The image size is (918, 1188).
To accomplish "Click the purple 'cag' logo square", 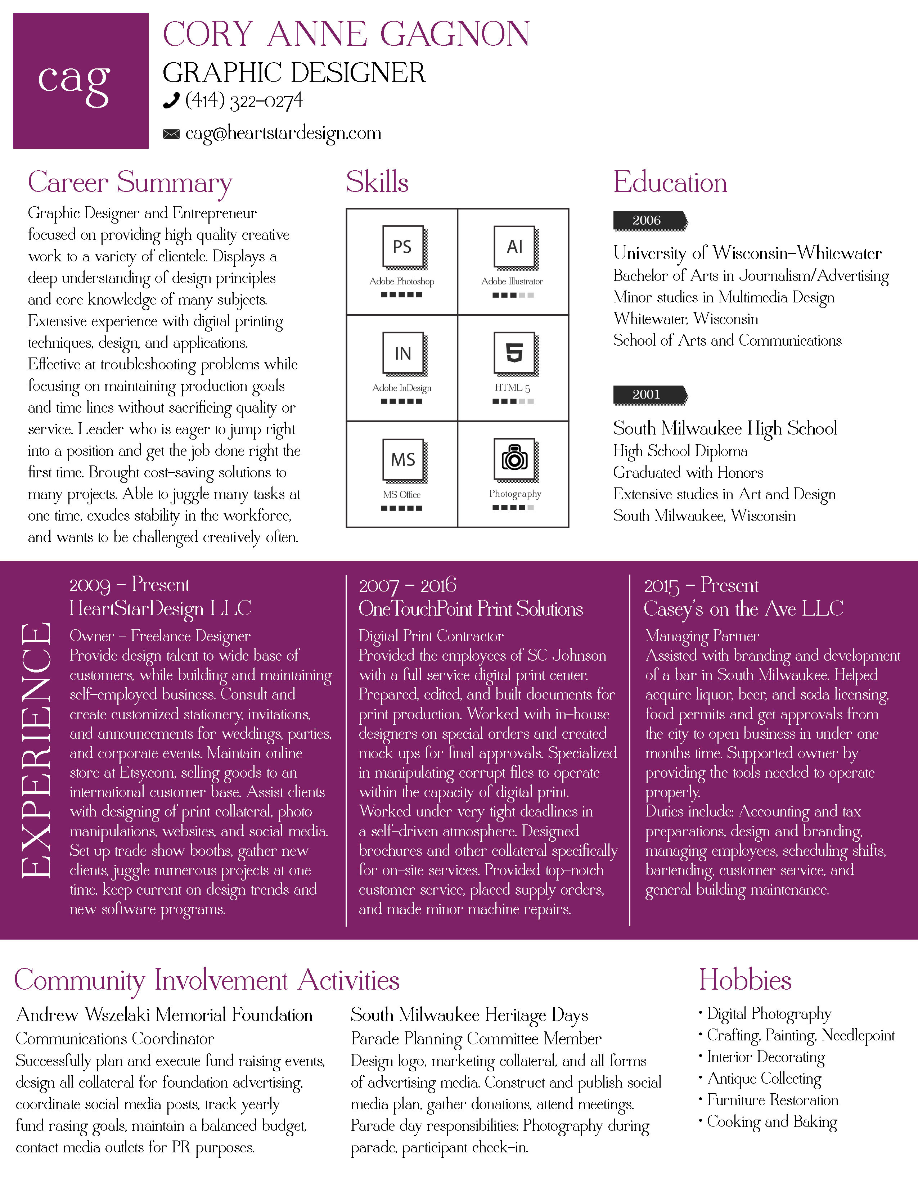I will click(81, 81).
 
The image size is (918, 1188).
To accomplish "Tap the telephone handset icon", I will click(171, 101).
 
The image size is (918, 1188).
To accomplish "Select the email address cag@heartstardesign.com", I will click(283, 133).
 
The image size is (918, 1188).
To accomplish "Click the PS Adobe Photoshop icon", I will click(402, 247).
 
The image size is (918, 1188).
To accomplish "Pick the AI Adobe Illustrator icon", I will click(514, 247).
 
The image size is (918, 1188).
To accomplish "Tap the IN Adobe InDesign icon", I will click(402, 353).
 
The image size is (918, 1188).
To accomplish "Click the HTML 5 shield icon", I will click(514, 353).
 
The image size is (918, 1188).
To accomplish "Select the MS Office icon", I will click(402, 460).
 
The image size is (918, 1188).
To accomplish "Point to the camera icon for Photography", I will click(514, 459).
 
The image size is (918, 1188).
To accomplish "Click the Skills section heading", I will click(377, 182).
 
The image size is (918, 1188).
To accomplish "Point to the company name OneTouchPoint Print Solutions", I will click(471, 609).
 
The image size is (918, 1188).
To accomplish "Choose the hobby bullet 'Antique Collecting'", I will click(764, 1078).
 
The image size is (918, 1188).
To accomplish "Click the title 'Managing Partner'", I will click(702, 636).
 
